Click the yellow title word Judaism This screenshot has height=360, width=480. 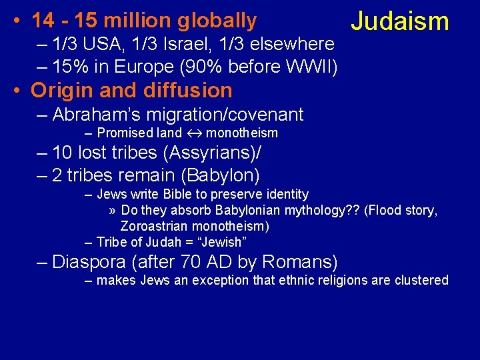400,21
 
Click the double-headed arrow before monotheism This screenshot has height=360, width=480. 193,133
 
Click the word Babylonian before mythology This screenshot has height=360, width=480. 243,211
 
